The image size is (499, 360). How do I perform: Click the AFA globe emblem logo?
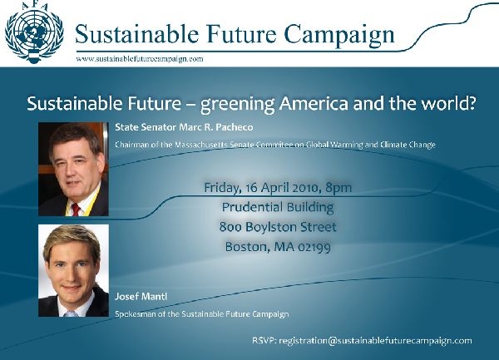(x=34, y=32)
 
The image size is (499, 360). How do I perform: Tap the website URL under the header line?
(x=140, y=59)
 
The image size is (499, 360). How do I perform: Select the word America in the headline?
(x=314, y=103)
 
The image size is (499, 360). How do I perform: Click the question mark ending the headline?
(x=472, y=103)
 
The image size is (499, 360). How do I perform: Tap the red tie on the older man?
(x=76, y=210)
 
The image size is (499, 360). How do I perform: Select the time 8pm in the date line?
(x=338, y=188)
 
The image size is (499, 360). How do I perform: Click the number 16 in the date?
(x=251, y=188)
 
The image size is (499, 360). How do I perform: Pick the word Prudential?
(x=251, y=207)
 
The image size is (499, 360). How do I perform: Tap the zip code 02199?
(x=314, y=247)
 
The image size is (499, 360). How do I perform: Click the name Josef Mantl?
(x=141, y=296)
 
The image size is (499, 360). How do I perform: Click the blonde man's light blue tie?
(x=71, y=314)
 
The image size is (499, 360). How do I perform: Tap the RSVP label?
(x=264, y=341)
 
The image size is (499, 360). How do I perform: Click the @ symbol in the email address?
(x=332, y=341)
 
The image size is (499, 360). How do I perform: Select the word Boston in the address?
(x=245, y=247)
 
